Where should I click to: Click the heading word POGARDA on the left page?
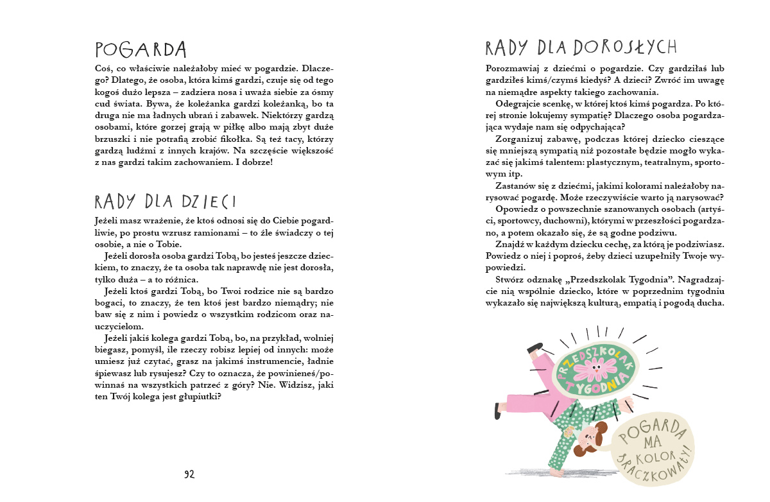(x=140, y=49)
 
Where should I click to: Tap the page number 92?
(x=189, y=474)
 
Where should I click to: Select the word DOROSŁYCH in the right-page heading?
(x=625, y=47)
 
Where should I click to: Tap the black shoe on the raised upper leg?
(x=535, y=349)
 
